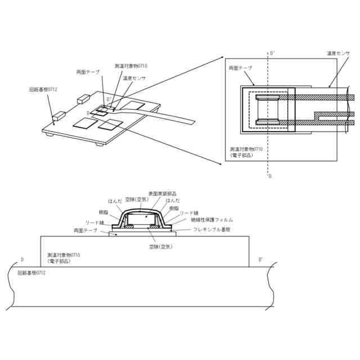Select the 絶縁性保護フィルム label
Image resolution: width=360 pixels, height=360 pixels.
pyautogui.click(x=212, y=219)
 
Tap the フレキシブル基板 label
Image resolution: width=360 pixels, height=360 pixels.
pyautogui.click(x=211, y=229)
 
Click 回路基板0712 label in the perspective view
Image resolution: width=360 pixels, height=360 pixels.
pyautogui.click(x=43, y=89)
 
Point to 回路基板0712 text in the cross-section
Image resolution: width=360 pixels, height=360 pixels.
pyautogui.click(x=32, y=273)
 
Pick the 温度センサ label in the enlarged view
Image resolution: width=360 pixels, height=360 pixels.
pyautogui.click(x=338, y=53)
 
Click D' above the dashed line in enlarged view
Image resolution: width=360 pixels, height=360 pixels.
pyautogui.click(x=273, y=53)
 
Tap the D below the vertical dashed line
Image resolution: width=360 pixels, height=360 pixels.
pyautogui.click(x=270, y=176)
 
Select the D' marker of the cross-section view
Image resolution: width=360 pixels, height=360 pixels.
pyautogui.click(x=260, y=260)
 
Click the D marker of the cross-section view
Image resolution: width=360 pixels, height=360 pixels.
pyautogui.click(x=22, y=260)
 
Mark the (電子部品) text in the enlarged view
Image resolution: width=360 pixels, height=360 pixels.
pyautogui.click(x=241, y=155)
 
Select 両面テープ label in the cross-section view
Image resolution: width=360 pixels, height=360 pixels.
pyautogui.click(x=85, y=231)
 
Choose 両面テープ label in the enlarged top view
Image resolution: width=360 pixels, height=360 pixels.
pyautogui.click(x=240, y=67)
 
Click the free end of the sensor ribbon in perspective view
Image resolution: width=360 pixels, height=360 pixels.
pyautogui.click(x=193, y=121)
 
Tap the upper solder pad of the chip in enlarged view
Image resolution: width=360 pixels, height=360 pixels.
pyautogui.click(x=267, y=98)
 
